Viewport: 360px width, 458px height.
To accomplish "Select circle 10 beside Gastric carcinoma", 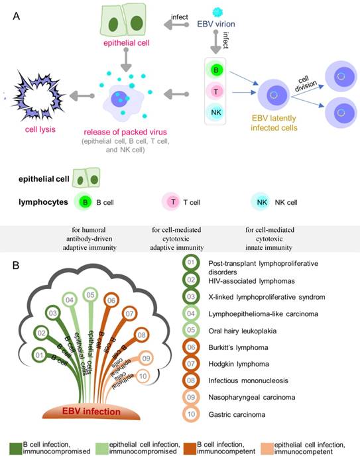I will point(191,414).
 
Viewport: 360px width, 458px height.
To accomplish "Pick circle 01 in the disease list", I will point(191,262).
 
